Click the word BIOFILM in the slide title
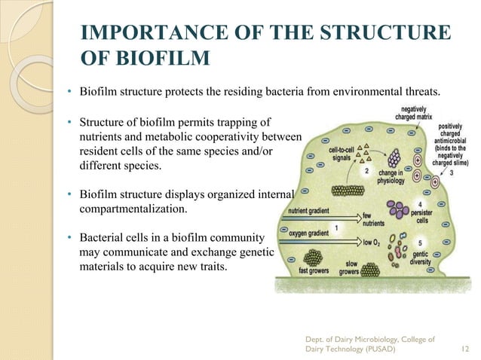coord(157,59)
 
